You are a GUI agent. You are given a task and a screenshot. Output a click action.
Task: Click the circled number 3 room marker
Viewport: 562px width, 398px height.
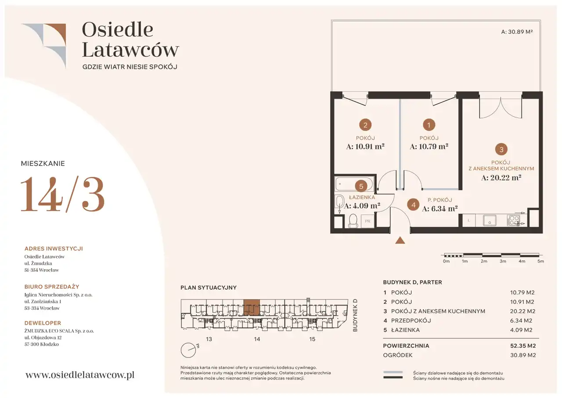501,150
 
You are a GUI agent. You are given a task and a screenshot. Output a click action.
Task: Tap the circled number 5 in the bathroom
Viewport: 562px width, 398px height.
361,186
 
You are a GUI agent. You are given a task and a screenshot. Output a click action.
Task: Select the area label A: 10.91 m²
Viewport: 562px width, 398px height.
365,146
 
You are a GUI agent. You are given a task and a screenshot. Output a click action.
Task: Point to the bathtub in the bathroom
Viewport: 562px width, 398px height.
354,184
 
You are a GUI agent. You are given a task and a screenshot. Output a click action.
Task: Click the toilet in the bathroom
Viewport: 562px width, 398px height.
353,221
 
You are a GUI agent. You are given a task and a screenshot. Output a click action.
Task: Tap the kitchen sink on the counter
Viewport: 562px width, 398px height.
490,220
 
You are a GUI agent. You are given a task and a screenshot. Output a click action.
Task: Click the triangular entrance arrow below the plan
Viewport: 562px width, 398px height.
400,241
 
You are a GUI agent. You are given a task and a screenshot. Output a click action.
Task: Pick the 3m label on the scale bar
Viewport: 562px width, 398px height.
503,261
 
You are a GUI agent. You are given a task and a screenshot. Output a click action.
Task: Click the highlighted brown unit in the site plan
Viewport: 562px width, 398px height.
252,307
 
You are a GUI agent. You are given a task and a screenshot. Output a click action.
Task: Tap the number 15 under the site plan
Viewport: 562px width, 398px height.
312,339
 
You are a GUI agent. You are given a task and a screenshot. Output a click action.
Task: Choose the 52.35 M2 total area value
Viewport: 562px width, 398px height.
523,346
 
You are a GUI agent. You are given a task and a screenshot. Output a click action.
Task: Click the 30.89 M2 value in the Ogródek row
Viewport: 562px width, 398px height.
523,355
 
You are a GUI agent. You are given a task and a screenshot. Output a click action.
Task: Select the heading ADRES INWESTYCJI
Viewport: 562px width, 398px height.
54,249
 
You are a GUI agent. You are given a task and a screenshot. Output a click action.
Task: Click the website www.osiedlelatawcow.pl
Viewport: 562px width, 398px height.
80,375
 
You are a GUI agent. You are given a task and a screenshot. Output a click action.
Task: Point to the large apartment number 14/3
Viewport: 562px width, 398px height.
62,194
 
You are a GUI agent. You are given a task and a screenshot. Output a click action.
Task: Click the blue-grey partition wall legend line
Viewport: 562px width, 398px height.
393,372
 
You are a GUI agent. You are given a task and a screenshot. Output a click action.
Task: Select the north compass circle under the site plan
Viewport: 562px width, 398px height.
188,350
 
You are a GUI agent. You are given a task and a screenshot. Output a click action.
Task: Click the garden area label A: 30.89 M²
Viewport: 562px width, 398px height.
517,32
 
